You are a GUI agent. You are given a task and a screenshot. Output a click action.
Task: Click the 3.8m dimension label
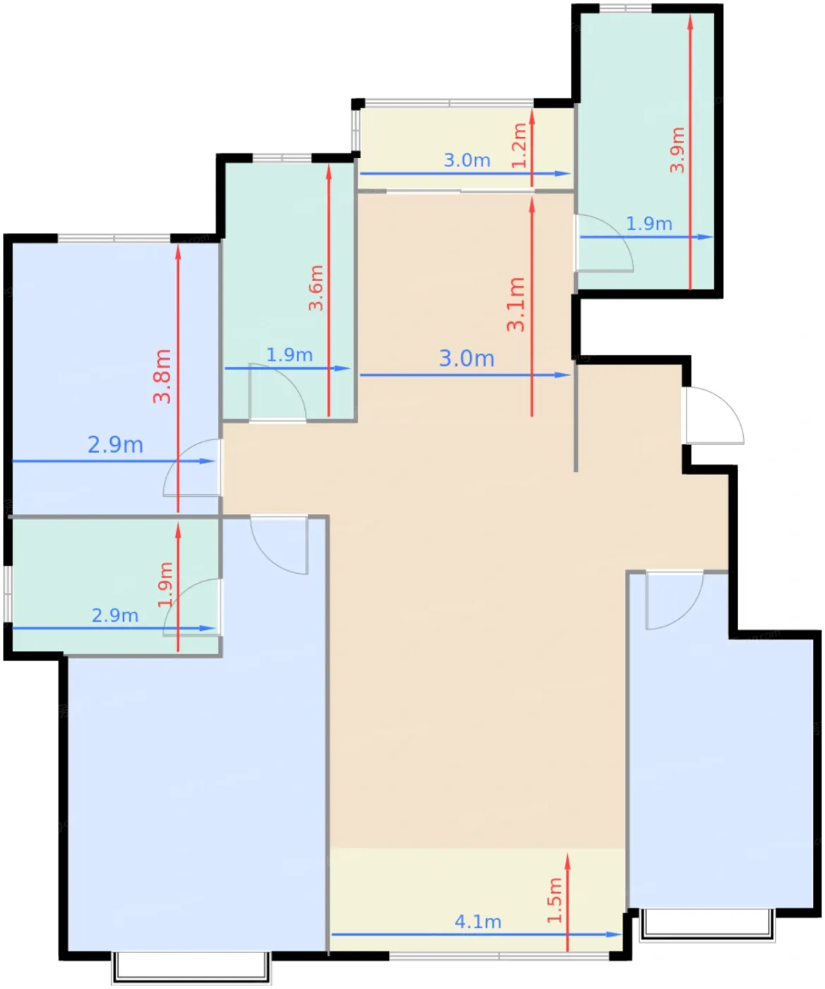162,376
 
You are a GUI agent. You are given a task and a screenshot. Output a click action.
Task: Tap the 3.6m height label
316,288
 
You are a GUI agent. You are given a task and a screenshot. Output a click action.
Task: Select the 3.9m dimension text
677,150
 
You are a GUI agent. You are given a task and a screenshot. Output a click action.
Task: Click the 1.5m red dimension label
554,899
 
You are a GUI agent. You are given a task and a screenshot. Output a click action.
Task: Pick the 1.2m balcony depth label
520,145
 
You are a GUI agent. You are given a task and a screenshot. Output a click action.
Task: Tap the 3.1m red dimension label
516,304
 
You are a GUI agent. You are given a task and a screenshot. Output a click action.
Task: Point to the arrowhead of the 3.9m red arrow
690,22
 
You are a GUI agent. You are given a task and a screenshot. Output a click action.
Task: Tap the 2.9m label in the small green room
115,615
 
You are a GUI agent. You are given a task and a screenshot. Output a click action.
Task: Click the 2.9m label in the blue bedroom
116,445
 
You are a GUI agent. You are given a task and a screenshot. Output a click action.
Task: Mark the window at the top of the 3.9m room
625,8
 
